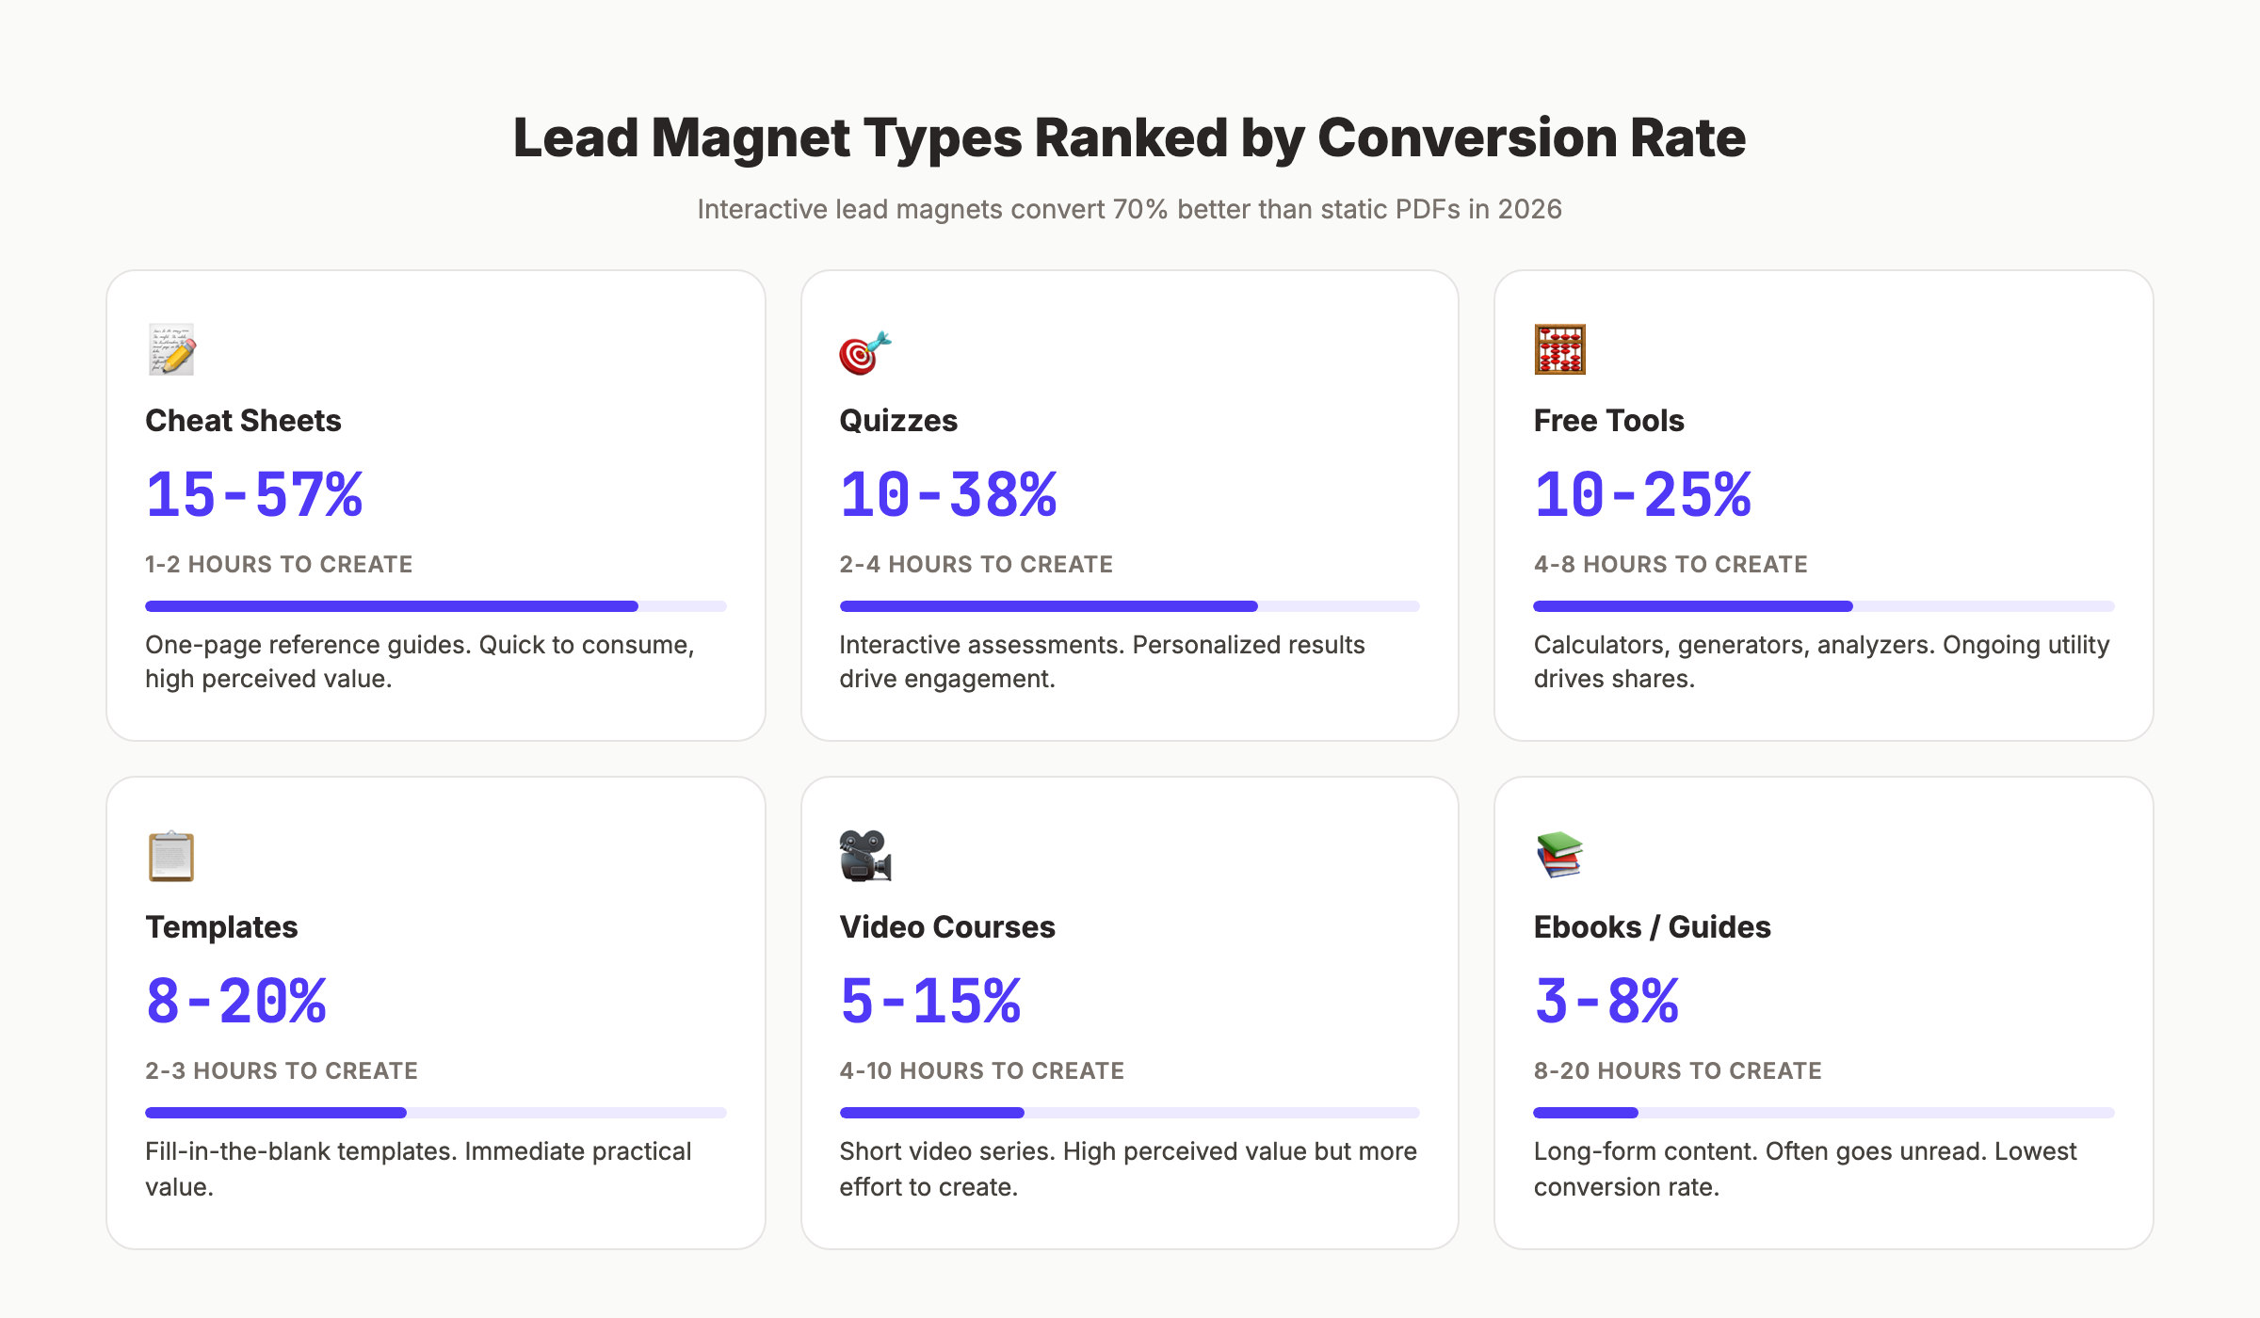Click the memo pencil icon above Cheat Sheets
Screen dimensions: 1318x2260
tap(171, 350)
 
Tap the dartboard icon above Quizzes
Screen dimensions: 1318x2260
tap(864, 352)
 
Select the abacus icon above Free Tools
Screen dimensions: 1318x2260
tap(1559, 349)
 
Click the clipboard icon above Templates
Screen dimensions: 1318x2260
tap(171, 857)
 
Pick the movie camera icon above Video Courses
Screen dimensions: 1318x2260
tap(864, 856)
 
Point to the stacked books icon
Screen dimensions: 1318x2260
tap(1559, 855)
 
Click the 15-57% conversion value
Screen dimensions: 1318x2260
tap(254, 495)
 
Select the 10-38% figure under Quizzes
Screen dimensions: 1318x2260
tap(948, 495)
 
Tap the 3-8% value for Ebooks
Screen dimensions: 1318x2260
tap(1606, 1002)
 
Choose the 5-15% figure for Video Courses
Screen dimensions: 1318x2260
tap(930, 1002)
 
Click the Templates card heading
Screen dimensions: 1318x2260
tap(221, 927)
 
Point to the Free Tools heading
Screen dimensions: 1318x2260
tap(1608, 421)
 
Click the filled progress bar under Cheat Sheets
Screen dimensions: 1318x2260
tap(392, 606)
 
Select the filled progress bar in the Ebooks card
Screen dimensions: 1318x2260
tap(1586, 1113)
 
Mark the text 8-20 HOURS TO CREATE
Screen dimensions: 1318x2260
tap(1677, 1071)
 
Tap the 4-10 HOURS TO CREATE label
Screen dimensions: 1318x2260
tap(981, 1071)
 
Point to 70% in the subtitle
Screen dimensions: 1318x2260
tap(1139, 209)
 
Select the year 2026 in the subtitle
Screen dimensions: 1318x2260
tap(1529, 209)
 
